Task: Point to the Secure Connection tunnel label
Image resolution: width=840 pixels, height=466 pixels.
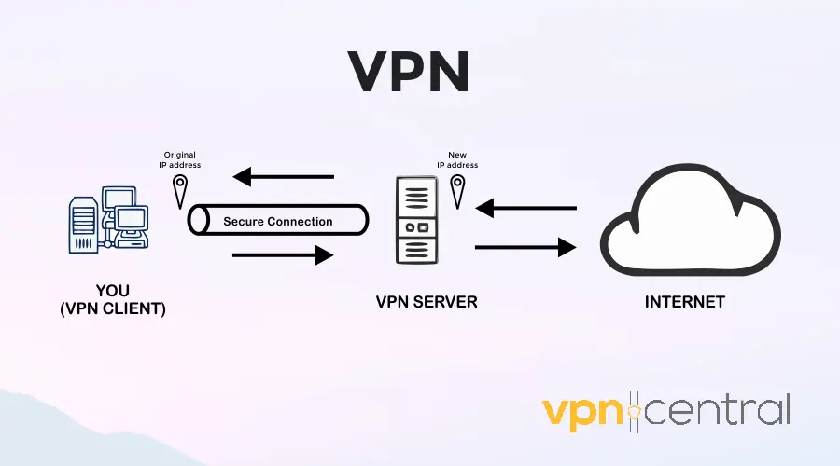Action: tap(277, 222)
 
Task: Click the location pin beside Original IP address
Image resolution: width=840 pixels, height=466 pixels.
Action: tap(179, 192)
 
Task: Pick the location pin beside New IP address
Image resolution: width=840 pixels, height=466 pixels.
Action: tap(457, 192)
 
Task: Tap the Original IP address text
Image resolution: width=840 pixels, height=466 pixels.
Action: tap(181, 159)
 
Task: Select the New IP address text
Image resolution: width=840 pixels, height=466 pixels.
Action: tap(457, 159)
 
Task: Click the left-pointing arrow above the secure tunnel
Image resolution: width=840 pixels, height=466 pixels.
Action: tap(283, 175)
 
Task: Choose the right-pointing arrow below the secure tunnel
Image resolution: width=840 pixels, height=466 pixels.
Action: tap(283, 254)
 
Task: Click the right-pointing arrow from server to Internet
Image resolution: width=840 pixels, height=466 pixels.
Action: tap(525, 247)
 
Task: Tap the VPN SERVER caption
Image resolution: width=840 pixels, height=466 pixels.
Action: tap(419, 302)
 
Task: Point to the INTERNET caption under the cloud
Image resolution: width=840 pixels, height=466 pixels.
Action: tap(685, 302)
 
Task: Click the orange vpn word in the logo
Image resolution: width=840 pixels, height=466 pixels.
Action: tap(584, 411)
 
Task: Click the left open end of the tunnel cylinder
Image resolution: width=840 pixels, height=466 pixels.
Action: tap(197, 221)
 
